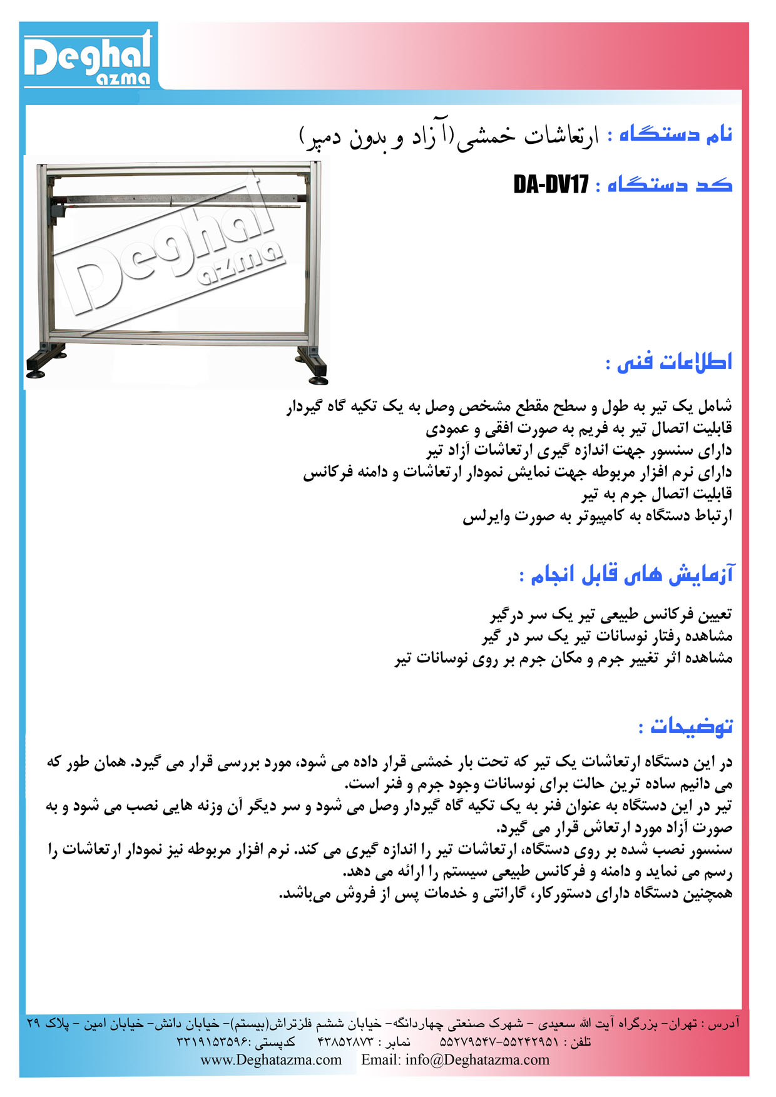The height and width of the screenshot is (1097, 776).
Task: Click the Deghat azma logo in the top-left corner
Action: click(88, 58)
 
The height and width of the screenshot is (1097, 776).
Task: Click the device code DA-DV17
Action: click(551, 185)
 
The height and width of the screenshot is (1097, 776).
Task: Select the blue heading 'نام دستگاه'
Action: click(676, 134)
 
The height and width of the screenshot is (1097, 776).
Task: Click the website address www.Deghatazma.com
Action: click(271, 1059)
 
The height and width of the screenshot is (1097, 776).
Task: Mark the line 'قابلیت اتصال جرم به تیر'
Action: click(656, 494)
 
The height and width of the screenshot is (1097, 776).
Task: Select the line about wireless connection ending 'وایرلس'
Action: click(597, 517)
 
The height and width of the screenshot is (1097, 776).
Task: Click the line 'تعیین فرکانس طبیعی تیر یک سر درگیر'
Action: click(610, 615)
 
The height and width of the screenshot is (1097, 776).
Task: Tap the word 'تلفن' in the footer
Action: click(578, 1042)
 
